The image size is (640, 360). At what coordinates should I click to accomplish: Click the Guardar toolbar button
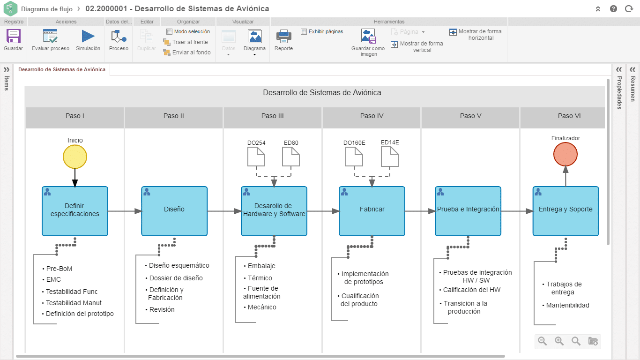[x=13, y=40]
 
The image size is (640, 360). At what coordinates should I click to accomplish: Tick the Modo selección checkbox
[x=170, y=31]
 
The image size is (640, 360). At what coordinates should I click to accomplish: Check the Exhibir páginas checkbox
[x=304, y=31]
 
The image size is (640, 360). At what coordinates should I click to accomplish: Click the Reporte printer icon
[x=284, y=36]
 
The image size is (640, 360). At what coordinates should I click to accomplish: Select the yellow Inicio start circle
[x=75, y=157]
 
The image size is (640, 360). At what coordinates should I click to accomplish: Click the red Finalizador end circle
[x=566, y=154]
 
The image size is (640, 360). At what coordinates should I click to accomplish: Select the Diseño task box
[x=174, y=211]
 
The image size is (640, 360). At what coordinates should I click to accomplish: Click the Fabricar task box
[x=372, y=211]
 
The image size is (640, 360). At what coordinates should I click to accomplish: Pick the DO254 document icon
[x=256, y=156]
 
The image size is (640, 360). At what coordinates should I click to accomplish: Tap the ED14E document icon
[x=390, y=156]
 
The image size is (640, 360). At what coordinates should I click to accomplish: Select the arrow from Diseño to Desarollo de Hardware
[x=224, y=211]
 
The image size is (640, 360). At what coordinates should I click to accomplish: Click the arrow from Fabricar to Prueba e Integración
[x=420, y=211]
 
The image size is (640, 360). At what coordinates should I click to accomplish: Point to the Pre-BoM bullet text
[x=59, y=269]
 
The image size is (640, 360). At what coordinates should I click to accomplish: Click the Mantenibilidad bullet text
[x=567, y=305]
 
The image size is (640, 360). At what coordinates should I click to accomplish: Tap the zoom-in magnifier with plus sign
[x=559, y=341]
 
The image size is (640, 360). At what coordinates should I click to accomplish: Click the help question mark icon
[x=613, y=9]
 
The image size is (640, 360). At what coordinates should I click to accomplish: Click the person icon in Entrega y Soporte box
[x=538, y=192]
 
